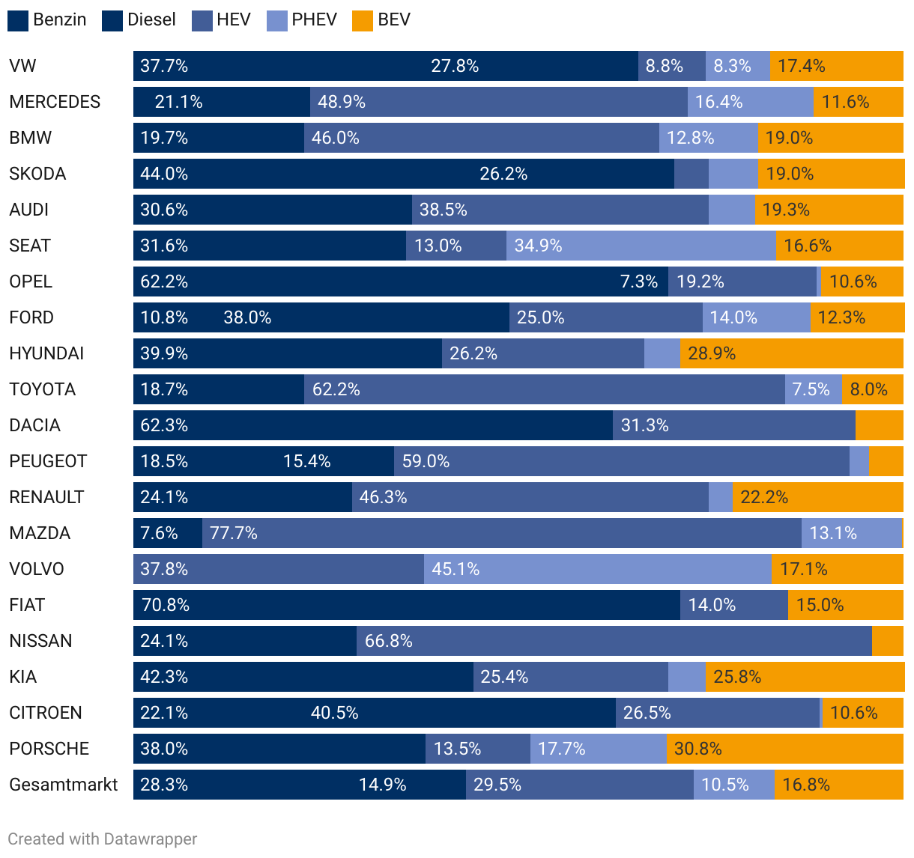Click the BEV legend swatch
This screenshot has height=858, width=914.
pyautogui.click(x=362, y=20)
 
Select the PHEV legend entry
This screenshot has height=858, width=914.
pyautogui.click(x=302, y=20)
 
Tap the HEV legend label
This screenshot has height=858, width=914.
pyautogui.click(x=233, y=20)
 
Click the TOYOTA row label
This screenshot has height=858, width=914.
pyautogui.click(x=43, y=389)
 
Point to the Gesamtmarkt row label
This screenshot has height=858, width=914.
pyautogui.click(x=64, y=785)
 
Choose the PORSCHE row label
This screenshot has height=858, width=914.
pyautogui.click(x=49, y=749)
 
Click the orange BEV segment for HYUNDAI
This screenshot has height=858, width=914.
pyautogui.click(x=791, y=353)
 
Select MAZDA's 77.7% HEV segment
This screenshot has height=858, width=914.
pyautogui.click(x=501, y=533)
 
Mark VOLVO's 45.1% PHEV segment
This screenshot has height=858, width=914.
pyautogui.click(x=597, y=569)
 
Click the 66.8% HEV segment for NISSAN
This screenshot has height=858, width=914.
pyautogui.click(x=614, y=641)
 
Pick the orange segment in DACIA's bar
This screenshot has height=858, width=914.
pyautogui.click(x=879, y=425)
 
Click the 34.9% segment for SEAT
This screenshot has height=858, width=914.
pyautogui.click(x=641, y=246)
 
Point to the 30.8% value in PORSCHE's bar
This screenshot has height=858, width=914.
pyautogui.click(x=698, y=749)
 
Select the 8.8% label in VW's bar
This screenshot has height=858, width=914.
pyautogui.click(x=665, y=66)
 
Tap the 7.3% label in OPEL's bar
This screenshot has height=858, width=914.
pyautogui.click(x=639, y=282)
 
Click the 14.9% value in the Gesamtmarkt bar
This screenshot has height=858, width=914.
pyautogui.click(x=383, y=785)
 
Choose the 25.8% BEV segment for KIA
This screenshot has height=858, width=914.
pyautogui.click(x=805, y=677)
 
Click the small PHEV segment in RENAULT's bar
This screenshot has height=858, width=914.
pyautogui.click(x=720, y=497)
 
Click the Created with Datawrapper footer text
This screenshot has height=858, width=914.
pyautogui.click(x=103, y=839)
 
